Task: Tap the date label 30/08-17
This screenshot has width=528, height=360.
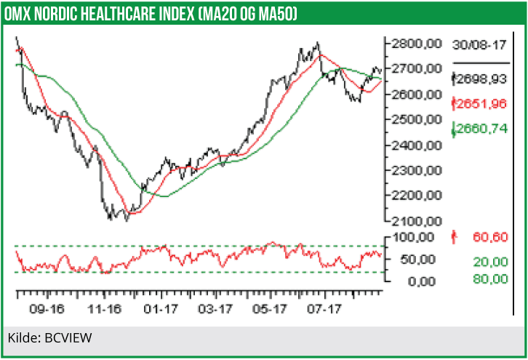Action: [x=478, y=44]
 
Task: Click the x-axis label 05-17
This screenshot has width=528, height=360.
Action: [x=270, y=310]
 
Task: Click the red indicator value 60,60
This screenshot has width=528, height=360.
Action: [x=488, y=236]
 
